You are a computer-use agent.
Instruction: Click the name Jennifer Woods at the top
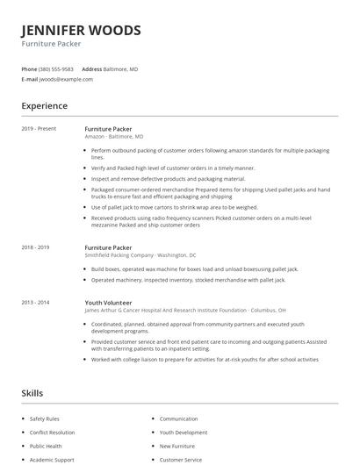pyautogui.click(x=81, y=31)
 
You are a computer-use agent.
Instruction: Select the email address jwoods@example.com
pyautogui.click(x=66, y=79)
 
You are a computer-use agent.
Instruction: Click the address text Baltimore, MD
pyautogui.click(x=121, y=68)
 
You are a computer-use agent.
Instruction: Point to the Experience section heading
pyautogui.click(x=44, y=106)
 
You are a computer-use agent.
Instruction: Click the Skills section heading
pyautogui.click(x=32, y=393)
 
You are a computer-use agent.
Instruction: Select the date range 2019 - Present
pyautogui.click(x=39, y=129)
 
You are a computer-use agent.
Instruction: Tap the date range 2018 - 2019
pyautogui.click(x=37, y=248)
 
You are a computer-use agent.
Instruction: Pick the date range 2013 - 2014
pyautogui.click(x=37, y=302)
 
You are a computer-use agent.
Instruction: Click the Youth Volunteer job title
pyautogui.click(x=109, y=302)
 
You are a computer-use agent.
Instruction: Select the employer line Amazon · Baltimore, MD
pyautogui.click(x=113, y=137)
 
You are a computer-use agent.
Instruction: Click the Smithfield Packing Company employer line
pyautogui.click(x=133, y=256)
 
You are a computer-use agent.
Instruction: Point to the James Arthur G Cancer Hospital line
pyautogui.click(x=176, y=310)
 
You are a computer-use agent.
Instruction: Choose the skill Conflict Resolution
pyautogui.click(x=53, y=433)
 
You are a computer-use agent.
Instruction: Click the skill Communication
pyautogui.click(x=178, y=419)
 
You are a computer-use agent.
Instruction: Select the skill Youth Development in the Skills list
pyautogui.click(x=184, y=433)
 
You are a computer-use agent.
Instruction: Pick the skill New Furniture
pyautogui.click(x=177, y=447)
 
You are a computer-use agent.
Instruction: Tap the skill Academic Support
pyautogui.click(x=52, y=460)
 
